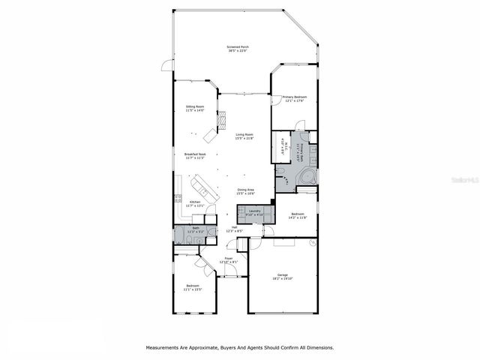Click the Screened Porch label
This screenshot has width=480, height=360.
click(x=238, y=46)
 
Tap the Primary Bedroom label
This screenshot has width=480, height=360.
click(x=295, y=97)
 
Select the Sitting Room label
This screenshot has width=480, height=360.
click(x=195, y=107)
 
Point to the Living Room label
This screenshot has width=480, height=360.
click(x=244, y=134)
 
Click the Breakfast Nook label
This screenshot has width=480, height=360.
click(x=195, y=154)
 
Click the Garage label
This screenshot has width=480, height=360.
click(x=283, y=275)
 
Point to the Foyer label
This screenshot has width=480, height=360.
click(x=229, y=258)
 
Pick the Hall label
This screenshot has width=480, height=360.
click(x=234, y=228)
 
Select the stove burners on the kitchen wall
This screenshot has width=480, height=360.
click(x=178, y=199)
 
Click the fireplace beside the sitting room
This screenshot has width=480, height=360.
click(x=220, y=119)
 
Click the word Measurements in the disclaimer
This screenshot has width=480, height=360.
click(x=164, y=347)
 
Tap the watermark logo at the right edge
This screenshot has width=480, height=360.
click(x=466, y=181)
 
